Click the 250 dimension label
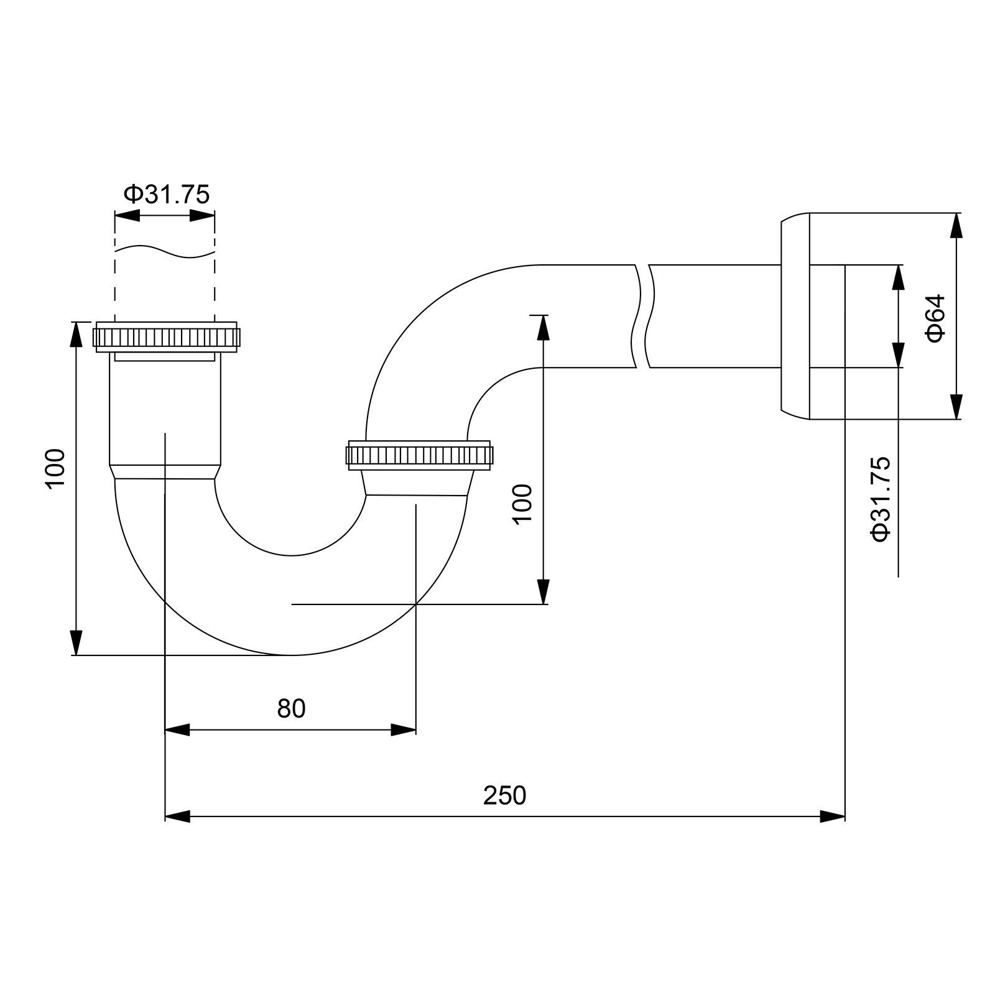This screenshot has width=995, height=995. [504, 795]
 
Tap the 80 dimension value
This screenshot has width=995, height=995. [291, 708]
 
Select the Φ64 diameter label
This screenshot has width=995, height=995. [935, 318]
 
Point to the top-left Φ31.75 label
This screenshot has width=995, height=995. [167, 195]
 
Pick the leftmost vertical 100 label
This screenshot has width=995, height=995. [55, 468]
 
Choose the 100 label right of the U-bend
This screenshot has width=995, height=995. [523, 504]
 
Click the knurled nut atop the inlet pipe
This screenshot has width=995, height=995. [167, 336]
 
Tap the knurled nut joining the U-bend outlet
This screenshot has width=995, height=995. [419, 456]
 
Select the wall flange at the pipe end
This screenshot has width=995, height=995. [796, 316]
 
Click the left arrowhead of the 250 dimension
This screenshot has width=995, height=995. [177, 816]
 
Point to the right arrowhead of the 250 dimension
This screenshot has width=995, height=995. [833, 816]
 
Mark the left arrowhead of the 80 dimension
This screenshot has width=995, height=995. [177, 730]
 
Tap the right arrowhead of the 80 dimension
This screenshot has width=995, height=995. [404, 730]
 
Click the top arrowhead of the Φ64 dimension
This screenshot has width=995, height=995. [956, 225]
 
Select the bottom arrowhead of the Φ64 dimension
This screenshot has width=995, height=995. [956, 407]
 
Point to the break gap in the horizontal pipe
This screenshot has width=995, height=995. [643, 316]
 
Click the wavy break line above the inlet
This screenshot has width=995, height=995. [165, 250]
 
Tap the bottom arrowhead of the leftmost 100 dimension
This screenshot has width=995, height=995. [76, 642]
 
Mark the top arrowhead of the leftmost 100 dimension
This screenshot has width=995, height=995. [76, 334]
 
